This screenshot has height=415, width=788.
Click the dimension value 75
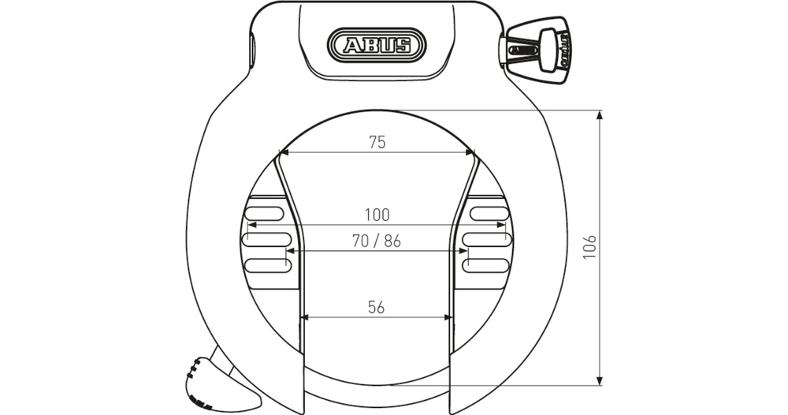(x=377, y=142)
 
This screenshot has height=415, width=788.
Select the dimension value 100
(x=377, y=214)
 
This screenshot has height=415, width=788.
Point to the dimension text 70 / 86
(x=377, y=241)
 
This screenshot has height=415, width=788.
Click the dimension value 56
(x=377, y=308)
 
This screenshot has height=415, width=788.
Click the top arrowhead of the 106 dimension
(x=601, y=115)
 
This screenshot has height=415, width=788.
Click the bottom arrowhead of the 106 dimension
(x=601, y=380)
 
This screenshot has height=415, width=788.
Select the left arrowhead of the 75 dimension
(x=284, y=153)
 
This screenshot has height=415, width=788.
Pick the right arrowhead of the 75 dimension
(x=470, y=153)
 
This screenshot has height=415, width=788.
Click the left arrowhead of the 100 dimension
(x=252, y=225)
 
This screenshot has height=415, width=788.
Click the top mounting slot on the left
(x=266, y=211)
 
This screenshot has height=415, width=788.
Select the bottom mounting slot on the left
(x=266, y=264)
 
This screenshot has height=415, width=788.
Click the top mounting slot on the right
(x=489, y=211)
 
